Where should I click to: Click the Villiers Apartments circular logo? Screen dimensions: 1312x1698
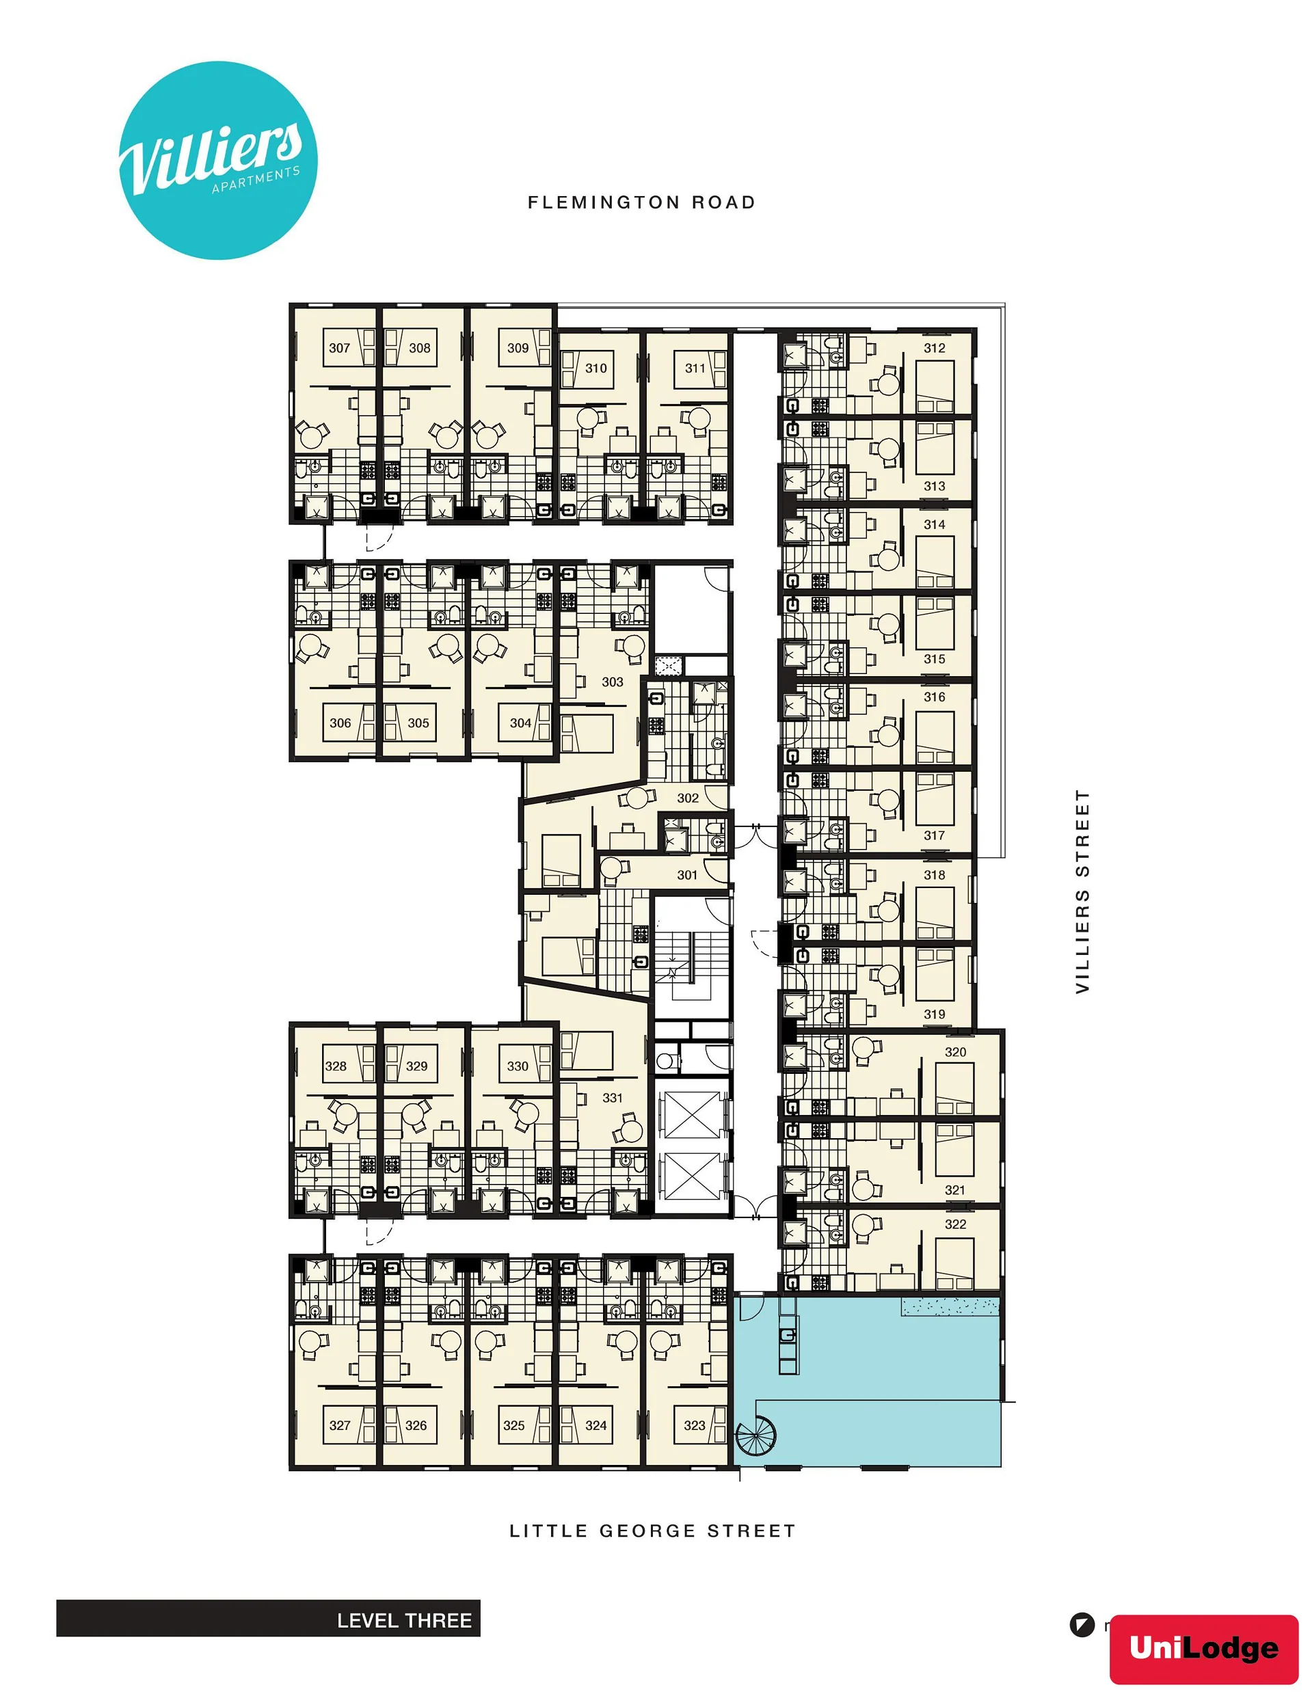(x=219, y=160)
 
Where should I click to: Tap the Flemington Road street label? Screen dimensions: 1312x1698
(x=641, y=203)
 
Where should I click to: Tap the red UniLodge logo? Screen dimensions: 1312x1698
(x=1204, y=1648)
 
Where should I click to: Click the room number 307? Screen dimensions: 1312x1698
(x=339, y=349)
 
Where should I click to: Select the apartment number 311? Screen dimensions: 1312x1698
(x=695, y=368)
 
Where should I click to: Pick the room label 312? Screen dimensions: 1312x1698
(x=934, y=349)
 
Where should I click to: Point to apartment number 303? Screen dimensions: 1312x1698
(x=612, y=682)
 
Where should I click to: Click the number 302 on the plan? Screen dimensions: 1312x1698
(x=688, y=798)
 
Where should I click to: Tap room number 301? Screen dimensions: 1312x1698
(x=686, y=875)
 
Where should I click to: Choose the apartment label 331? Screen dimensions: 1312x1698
(x=612, y=1098)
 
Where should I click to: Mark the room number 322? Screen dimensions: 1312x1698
(x=955, y=1224)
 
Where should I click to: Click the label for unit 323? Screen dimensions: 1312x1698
(x=695, y=1425)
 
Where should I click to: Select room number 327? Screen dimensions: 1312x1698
(x=340, y=1425)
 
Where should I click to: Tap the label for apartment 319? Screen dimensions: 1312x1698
(x=934, y=1014)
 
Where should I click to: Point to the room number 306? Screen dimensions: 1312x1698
(x=340, y=723)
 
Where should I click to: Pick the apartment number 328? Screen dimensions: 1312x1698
(x=336, y=1066)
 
